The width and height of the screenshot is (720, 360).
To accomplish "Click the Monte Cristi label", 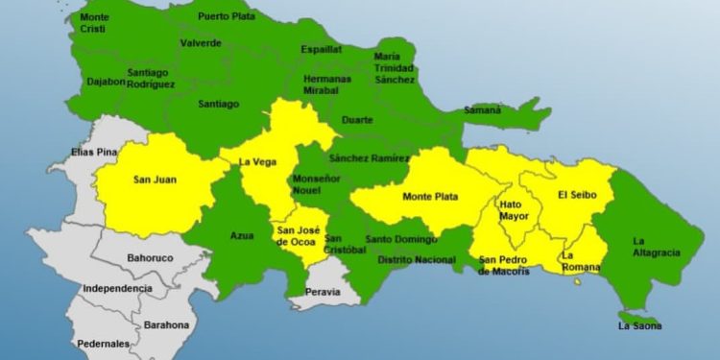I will tap(94, 23).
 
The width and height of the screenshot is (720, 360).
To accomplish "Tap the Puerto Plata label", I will tap(228, 16).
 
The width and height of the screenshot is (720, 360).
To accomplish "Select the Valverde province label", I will tap(201, 43).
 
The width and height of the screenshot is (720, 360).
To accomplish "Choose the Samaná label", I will tap(483, 109).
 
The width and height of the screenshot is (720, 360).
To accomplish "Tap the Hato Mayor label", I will tap(514, 209).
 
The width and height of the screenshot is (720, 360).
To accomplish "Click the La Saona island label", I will tap(638, 327).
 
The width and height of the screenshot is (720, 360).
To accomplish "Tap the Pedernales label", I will tap(105, 343).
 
